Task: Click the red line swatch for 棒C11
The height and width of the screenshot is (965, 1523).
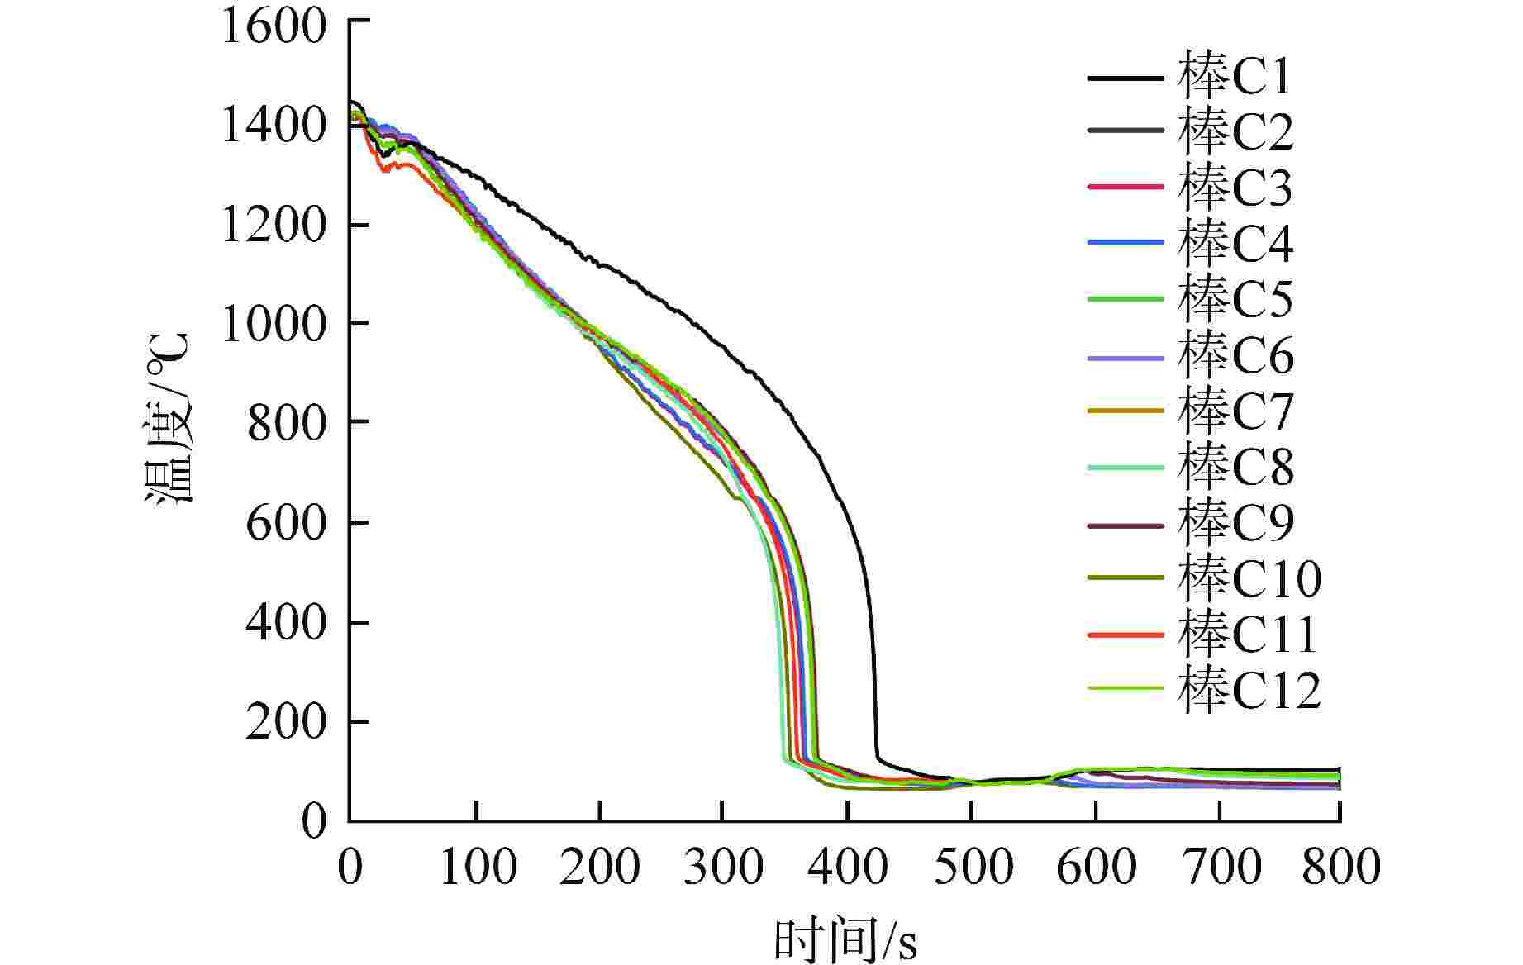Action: (1126, 635)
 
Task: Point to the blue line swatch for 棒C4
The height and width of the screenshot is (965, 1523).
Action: (1126, 243)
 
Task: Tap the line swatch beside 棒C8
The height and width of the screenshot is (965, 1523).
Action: (1126, 467)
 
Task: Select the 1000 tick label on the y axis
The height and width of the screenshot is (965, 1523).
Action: (274, 323)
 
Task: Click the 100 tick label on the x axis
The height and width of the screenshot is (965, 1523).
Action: (477, 868)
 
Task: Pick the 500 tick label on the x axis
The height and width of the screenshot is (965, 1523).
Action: (971, 868)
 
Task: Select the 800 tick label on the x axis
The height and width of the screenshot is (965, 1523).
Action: (1340, 868)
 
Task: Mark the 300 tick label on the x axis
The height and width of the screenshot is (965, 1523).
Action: (723, 868)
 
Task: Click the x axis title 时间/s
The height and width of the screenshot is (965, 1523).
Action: (845, 939)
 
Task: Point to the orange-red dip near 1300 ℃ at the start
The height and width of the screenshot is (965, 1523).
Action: (385, 170)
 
